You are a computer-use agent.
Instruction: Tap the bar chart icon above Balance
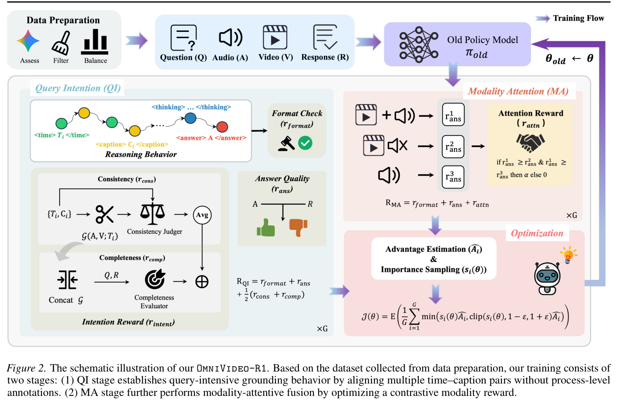tap(95, 42)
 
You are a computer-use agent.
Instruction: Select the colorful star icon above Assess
tap(28, 41)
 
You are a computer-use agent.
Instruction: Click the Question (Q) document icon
tap(183, 38)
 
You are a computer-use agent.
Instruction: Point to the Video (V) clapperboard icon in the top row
tap(275, 37)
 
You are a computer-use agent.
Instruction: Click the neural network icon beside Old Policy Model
tap(419, 44)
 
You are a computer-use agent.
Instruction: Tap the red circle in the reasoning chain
tap(222, 126)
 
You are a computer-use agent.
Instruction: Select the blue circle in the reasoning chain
tap(190, 118)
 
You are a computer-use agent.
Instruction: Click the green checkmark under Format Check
tap(305, 143)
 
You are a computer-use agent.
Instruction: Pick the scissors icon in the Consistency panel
tap(104, 214)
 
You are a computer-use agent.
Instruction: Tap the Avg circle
tap(202, 215)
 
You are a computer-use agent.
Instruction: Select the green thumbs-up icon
tap(266, 228)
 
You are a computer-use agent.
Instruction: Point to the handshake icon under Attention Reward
tap(530, 143)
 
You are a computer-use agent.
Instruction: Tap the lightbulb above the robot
tap(568, 255)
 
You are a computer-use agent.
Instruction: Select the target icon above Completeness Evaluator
tap(155, 279)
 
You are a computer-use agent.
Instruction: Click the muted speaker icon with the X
tap(397, 145)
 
